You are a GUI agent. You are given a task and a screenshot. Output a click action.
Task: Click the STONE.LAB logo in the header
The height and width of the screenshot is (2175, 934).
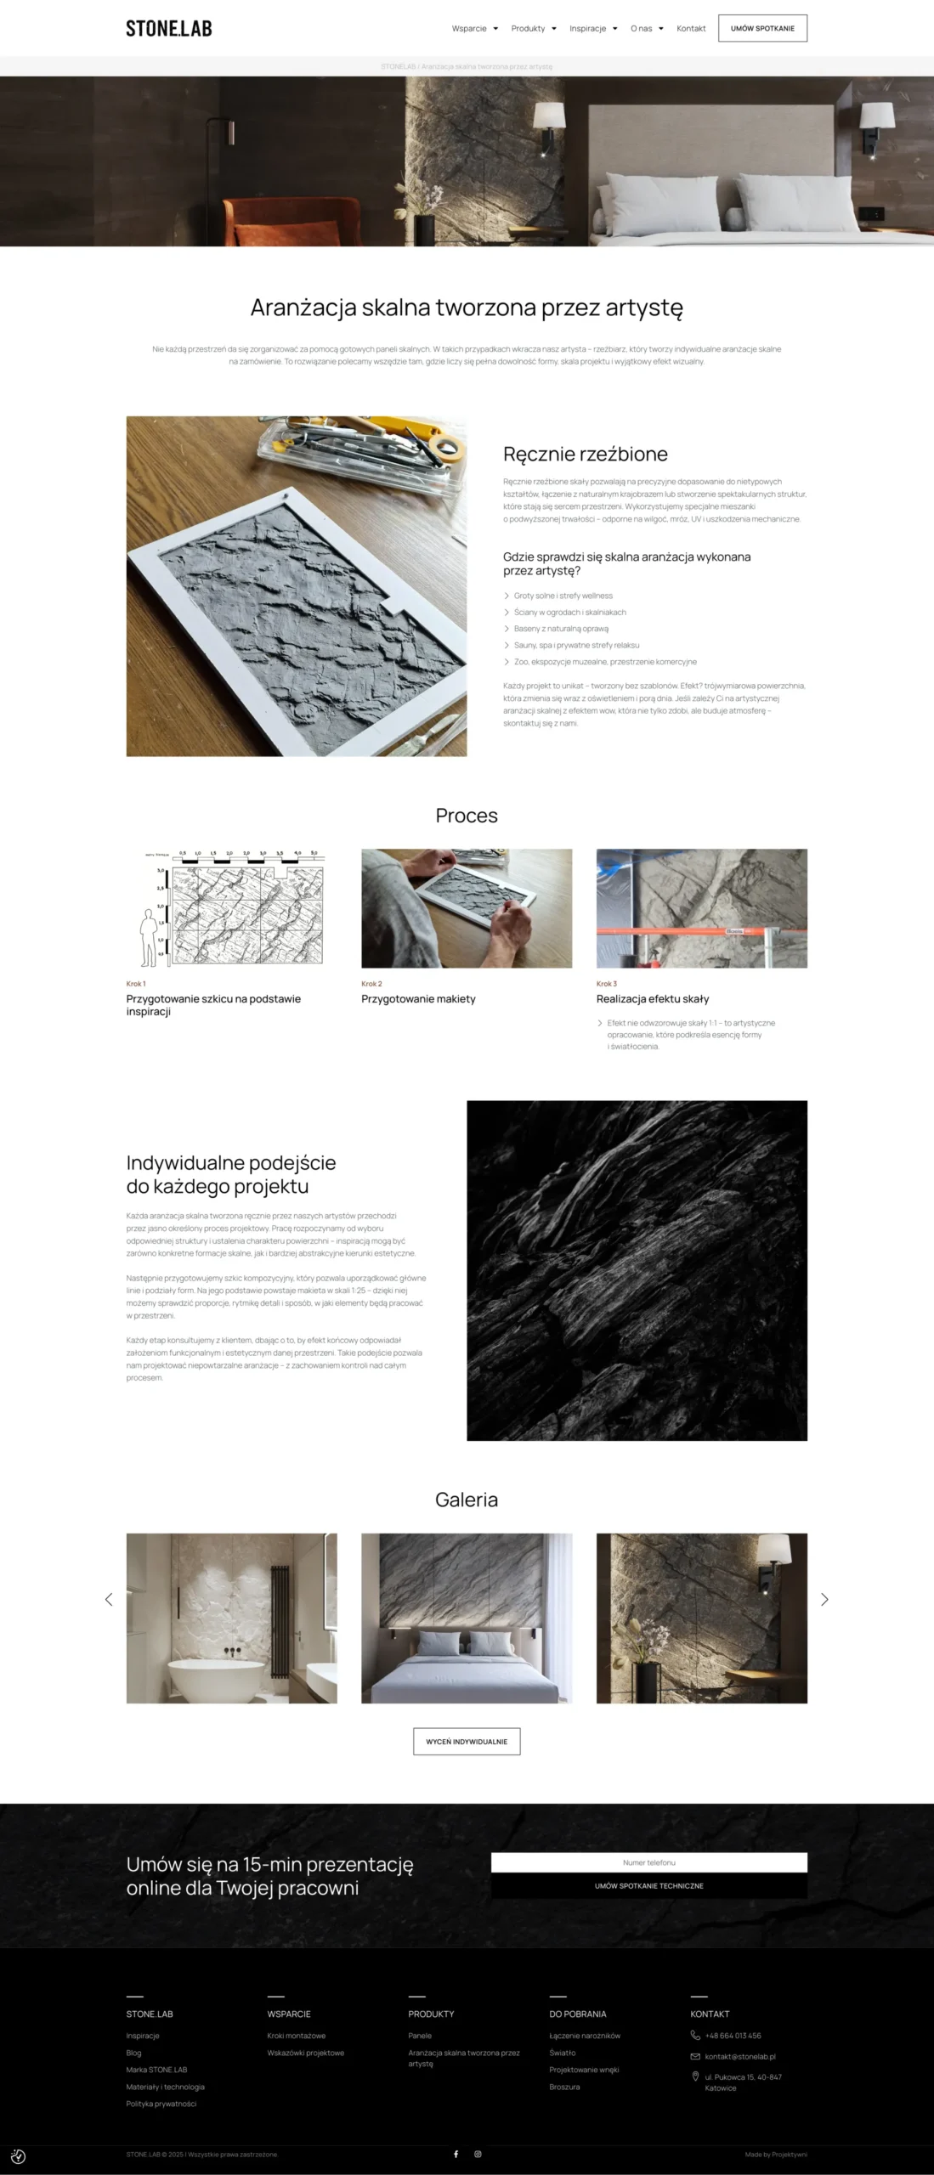[169, 28]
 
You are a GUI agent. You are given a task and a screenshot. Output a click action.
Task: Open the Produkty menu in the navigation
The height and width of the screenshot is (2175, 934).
[533, 29]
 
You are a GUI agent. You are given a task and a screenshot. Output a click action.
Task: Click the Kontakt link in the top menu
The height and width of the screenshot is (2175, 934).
[691, 29]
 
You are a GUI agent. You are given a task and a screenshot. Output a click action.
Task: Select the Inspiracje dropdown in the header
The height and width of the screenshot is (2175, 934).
[592, 29]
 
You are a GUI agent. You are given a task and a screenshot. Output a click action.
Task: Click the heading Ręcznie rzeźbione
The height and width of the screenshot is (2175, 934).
[585, 454]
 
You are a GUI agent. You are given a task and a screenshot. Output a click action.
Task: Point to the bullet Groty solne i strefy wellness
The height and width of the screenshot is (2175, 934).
[563, 596]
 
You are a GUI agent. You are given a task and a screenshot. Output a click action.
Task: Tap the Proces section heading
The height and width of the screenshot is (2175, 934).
[467, 816]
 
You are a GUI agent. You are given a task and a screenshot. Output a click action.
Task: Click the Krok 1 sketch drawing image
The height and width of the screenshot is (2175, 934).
[231, 908]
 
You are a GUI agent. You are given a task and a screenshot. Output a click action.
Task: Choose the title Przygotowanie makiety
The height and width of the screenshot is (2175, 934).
[418, 999]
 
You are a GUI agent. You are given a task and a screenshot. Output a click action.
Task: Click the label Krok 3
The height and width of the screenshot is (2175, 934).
[607, 984]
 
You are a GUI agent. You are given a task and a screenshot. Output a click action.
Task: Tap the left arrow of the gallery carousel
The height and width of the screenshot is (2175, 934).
[109, 1600]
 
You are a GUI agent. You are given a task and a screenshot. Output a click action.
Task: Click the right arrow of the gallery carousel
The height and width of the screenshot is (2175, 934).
[824, 1600]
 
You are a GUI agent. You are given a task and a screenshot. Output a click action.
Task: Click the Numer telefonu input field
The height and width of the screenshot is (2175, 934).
[648, 1862]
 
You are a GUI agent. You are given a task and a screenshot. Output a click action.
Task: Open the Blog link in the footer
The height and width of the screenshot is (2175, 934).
[133, 2053]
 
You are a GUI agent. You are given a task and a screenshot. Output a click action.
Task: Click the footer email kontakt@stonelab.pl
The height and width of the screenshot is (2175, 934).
[739, 2057]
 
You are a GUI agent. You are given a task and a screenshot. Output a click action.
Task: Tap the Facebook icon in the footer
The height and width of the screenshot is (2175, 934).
[456, 2154]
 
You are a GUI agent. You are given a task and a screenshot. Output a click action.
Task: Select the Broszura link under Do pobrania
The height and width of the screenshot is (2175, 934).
[564, 2087]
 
